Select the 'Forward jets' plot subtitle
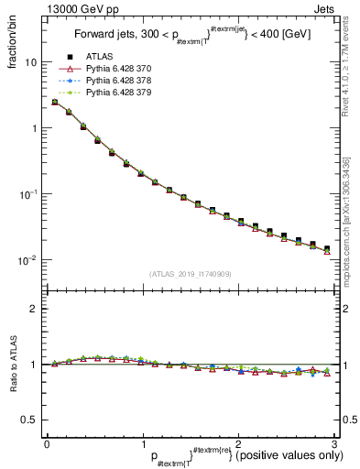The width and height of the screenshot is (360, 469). tap(190, 36)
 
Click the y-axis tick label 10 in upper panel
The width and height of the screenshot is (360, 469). tap(32, 62)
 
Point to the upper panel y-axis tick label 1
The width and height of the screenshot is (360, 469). tap(35, 128)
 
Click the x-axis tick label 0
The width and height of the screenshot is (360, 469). tap(47, 444)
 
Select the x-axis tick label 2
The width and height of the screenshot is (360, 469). tap(237, 444)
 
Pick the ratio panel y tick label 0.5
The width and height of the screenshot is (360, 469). tap(31, 420)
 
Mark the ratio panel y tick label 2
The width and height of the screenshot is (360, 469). tap(35, 309)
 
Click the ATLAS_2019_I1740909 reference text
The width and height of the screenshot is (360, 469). tap(190, 275)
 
